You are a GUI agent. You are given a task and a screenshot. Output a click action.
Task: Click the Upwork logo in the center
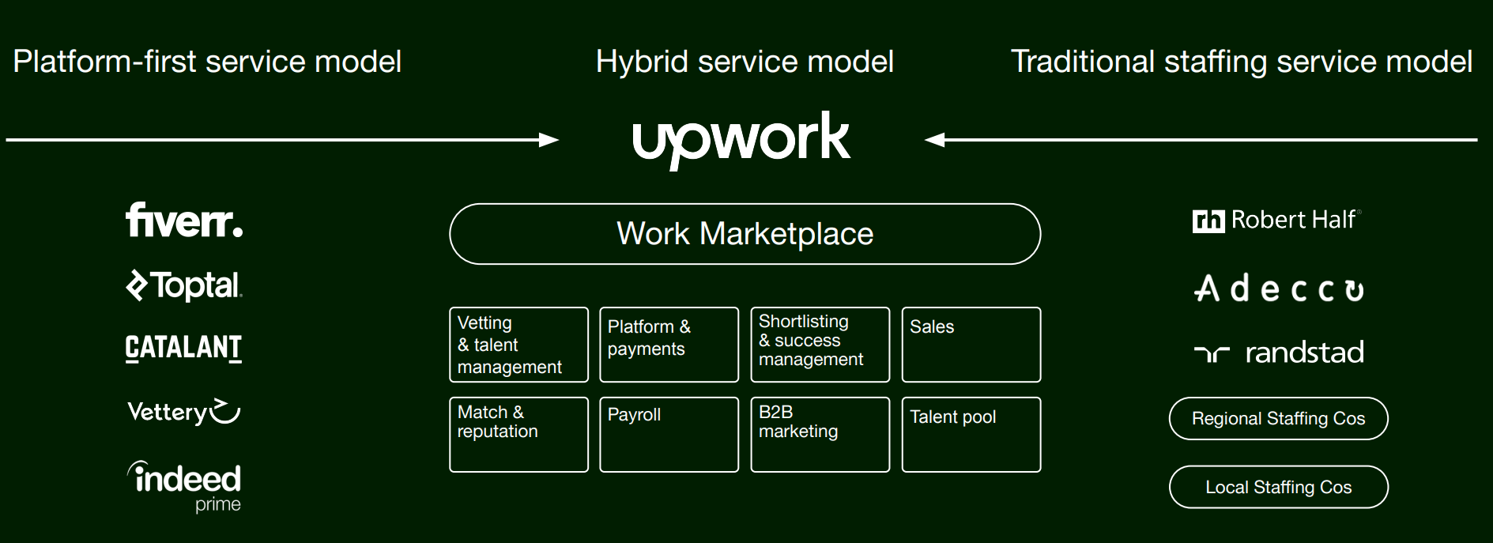tap(741, 139)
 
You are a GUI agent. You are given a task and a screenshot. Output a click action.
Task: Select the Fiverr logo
tap(184, 221)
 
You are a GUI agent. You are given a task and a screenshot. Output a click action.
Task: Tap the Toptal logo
tap(184, 285)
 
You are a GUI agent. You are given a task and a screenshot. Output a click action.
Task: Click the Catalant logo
tap(183, 348)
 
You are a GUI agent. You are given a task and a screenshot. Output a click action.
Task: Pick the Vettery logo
tap(183, 412)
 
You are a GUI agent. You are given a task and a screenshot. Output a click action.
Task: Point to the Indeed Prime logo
tap(185, 485)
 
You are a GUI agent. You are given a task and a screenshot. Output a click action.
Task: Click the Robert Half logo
tap(1276, 221)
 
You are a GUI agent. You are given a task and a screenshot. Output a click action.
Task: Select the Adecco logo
tap(1279, 289)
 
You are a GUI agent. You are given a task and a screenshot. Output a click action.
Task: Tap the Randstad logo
tap(1279, 353)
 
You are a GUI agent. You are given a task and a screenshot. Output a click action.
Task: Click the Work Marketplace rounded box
tap(745, 234)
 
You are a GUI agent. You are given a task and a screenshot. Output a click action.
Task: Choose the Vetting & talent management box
tap(518, 345)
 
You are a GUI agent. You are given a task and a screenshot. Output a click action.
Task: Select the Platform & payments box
tap(669, 345)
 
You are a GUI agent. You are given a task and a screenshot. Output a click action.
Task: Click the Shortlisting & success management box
tap(820, 345)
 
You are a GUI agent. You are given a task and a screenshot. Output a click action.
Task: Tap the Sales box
tap(971, 345)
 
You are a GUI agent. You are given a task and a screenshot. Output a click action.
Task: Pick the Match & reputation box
tap(518, 435)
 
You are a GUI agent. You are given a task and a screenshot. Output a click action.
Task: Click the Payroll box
tap(669, 435)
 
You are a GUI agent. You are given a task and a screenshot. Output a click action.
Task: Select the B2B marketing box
tap(820, 435)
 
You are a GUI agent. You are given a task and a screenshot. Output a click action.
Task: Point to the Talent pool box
tap(971, 435)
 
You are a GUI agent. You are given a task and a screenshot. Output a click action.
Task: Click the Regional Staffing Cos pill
tap(1278, 419)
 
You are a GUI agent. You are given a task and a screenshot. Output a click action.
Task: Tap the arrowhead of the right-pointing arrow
tap(549, 140)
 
